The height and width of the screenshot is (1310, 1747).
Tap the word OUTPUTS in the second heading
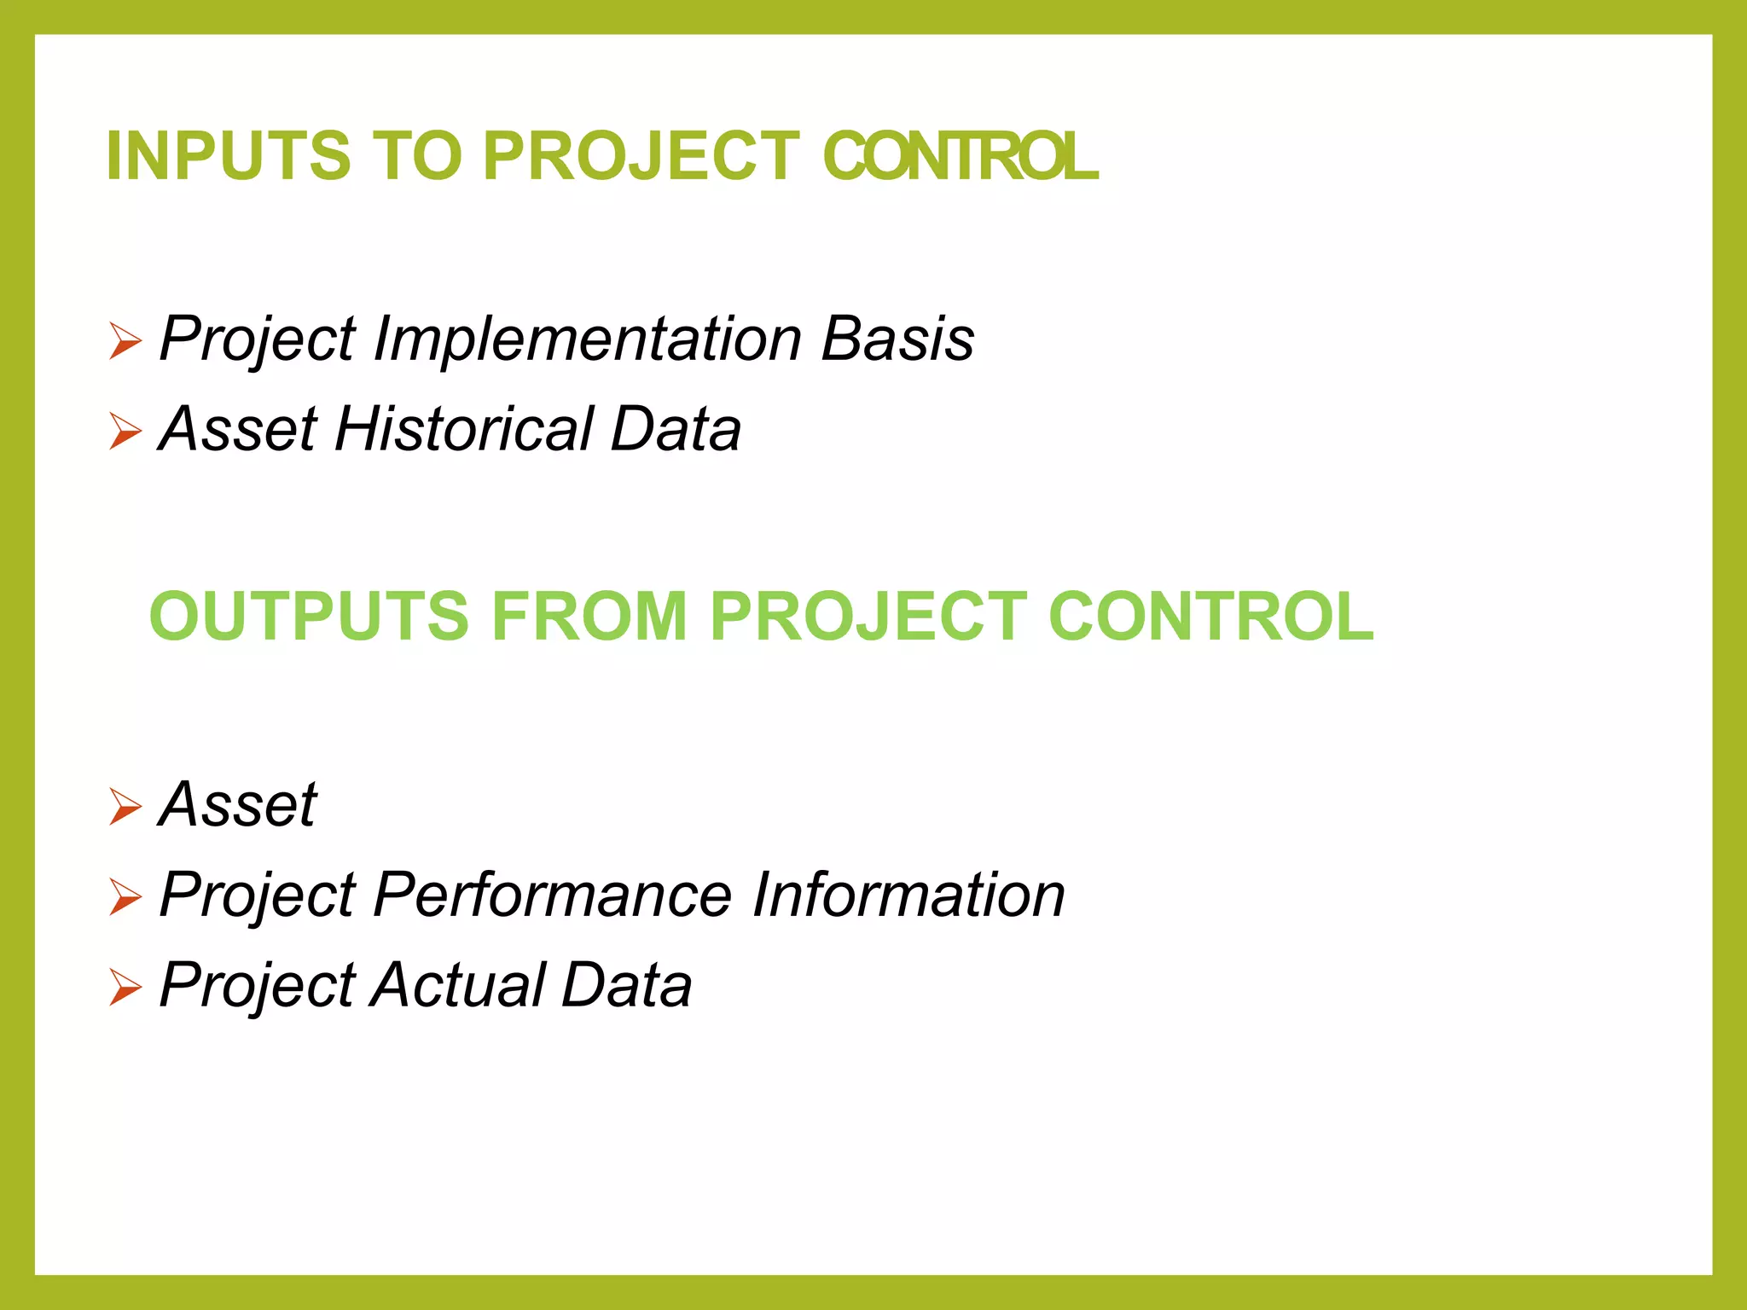pyautogui.click(x=309, y=617)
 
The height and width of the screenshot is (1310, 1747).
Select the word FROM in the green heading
pyautogui.click(x=589, y=617)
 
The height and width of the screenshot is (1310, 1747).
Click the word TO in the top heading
pyautogui.click(x=417, y=156)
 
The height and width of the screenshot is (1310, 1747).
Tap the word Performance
pyautogui.click(x=552, y=895)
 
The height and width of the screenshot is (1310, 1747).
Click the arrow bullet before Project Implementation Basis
pyautogui.click(x=125, y=342)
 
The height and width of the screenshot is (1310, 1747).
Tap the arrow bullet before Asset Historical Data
pyautogui.click(x=125, y=432)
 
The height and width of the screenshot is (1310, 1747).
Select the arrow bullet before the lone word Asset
pyautogui.click(x=125, y=807)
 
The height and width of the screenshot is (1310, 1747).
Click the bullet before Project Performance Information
pyautogui.click(x=125, y=897)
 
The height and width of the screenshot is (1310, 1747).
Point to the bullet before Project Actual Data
pyautogui.click(x=125, y=988)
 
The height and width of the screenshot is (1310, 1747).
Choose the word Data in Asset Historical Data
pyautogui.click(x=676, y=429)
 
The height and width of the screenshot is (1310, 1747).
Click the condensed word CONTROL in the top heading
pyautogui.click(x=961, y=156)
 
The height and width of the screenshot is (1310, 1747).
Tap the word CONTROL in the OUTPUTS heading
pyautogui.click(x=1210, y=617)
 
